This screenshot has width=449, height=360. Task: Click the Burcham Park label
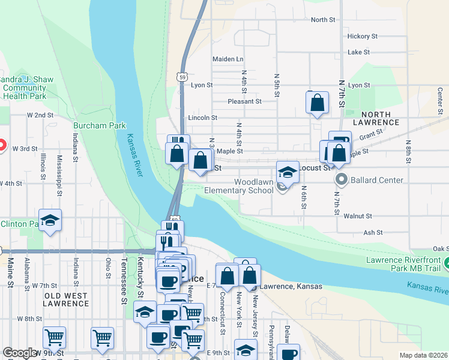pos(100,125)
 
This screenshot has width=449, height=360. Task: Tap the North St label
pos(323,20)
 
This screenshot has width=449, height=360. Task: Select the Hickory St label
pos(362,36)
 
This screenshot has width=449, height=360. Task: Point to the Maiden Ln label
pos(228,59)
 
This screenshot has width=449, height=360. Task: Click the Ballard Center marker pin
pos(342,179)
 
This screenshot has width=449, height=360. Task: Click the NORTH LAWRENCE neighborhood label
pos(376,118)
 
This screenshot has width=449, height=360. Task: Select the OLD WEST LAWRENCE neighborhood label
pos(66,299)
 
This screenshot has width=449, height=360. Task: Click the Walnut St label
pos(358,215)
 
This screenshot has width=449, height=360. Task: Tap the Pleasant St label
pos(244,101)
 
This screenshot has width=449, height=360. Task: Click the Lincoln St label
pos(202,118)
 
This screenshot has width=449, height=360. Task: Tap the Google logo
pos(20,353)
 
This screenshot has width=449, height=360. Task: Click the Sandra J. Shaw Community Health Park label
pos(24,88)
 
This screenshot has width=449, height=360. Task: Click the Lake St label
pos(358,52)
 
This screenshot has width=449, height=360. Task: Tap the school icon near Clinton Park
pos(50,220)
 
